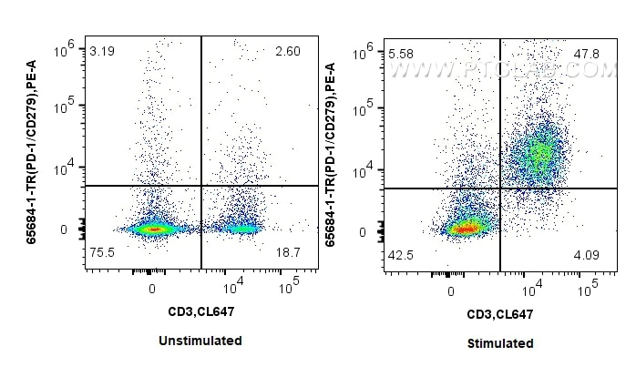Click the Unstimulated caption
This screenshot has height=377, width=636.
coord(201,341)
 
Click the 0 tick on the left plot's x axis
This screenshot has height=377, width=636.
coord(151,288)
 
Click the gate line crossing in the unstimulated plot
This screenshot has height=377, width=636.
coord(200,186)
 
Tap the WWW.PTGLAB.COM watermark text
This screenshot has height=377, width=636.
coord(501,68)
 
